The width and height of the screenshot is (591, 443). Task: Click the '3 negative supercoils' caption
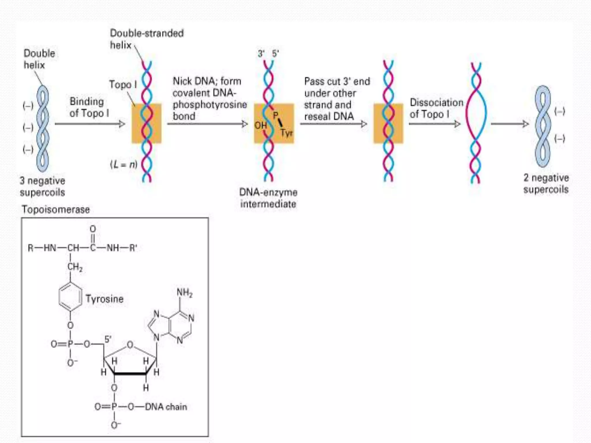coord(42,186)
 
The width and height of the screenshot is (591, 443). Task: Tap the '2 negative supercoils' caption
coord(546,183)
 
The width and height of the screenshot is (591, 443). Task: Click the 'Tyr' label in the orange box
coord(287,133)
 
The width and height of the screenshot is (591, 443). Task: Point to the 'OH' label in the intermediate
coord(260,125)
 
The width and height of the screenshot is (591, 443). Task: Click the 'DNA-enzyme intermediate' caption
coord(268,198)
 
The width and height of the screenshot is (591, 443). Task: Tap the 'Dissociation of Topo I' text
coord(436,108)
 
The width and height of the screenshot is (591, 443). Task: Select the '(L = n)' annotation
coord(124,165)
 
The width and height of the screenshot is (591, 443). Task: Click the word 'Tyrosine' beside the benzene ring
coord(104,299)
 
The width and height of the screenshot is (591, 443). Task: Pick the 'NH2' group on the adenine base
coord(184,293)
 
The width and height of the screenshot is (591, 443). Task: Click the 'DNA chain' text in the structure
coord(166,407)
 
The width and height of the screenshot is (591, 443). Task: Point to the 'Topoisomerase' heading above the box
coord(56,209)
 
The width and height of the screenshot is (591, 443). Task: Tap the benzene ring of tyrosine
coord(70,297)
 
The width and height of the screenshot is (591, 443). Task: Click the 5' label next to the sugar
coord(108,339)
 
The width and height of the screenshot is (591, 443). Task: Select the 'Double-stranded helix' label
coord(147,39)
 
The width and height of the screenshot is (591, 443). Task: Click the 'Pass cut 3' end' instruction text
coord(337,81)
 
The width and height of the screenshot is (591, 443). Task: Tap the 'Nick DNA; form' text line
coord(207,81)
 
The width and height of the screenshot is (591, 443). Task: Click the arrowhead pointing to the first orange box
coord(122,124)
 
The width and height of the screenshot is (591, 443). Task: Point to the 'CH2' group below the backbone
coord(75,267)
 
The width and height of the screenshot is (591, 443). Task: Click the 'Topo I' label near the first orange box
coord(123,85)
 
